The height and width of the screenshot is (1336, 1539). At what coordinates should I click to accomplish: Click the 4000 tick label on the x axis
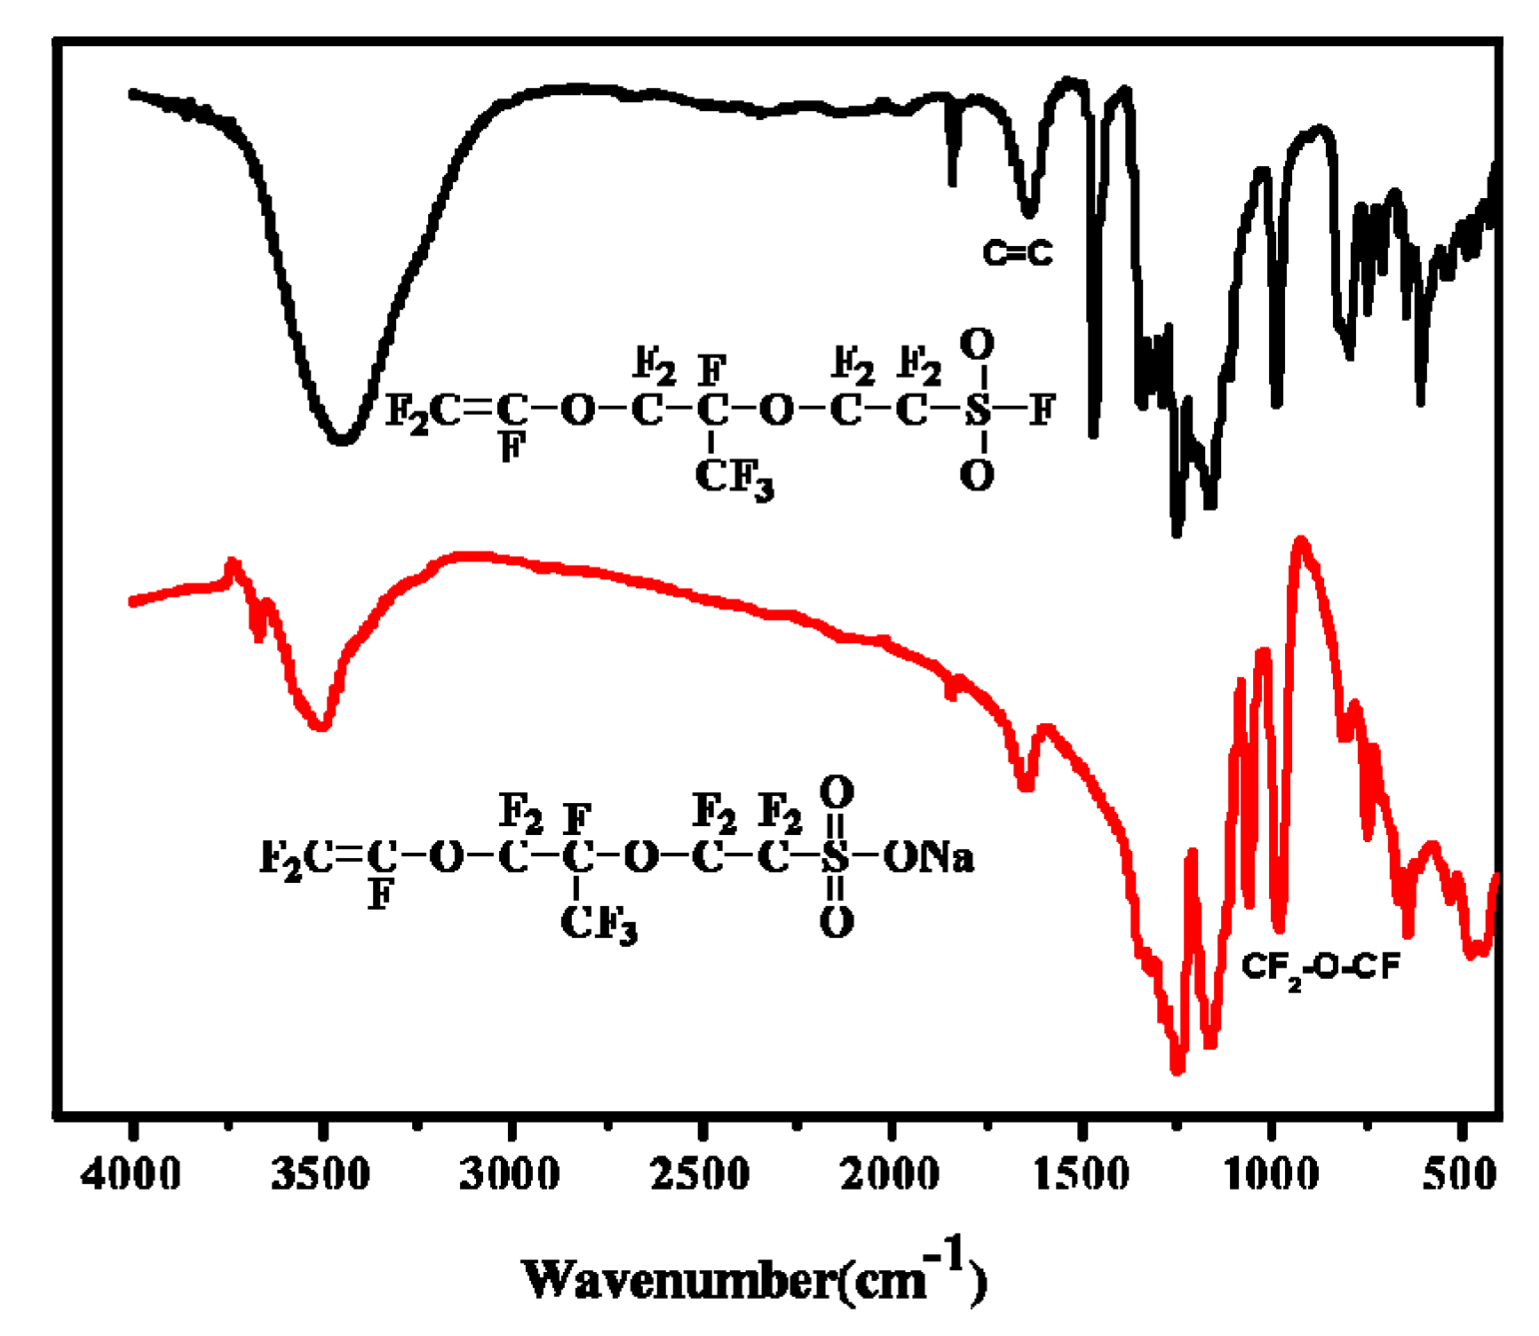tap(131, 1175)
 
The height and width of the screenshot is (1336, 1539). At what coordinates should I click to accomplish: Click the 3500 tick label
tap(321, 1175)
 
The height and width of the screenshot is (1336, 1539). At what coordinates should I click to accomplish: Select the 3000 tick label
tap(511, 1175)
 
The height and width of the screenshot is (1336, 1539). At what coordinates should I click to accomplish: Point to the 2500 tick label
tap(701, 1175)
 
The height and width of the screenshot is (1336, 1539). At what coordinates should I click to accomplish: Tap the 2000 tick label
tap(891, 1175)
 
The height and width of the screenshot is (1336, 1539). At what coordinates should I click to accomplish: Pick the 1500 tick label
tap(1082, 1175)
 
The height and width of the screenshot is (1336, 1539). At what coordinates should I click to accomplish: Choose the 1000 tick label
tap(1272, 1175)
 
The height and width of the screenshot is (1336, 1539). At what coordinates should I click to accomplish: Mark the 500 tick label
tap(1459, 1175)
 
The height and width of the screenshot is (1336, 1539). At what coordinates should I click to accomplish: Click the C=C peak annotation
tap(1017, 254)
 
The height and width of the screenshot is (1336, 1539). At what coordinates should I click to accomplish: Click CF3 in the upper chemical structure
tap(734, 478)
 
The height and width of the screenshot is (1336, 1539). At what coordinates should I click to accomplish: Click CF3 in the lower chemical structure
tap(599, 924)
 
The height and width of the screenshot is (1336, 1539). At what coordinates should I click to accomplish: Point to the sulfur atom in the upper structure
tap(977, 410)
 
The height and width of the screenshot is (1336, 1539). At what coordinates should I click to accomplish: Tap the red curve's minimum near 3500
tap(321, 727)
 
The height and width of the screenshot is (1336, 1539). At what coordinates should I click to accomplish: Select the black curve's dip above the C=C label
tap(1028, 213)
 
